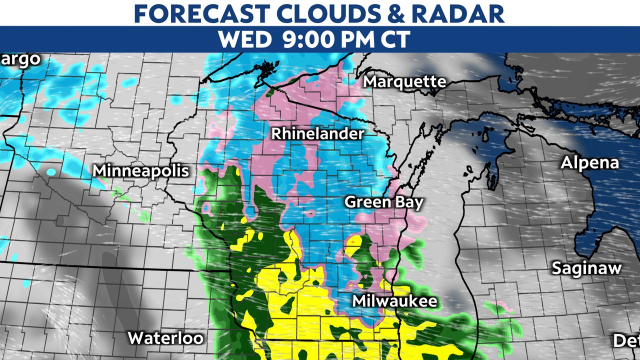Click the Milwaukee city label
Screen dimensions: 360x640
394,301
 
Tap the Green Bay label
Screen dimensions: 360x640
384,202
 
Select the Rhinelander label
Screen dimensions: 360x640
317,133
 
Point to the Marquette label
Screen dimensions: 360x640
404,81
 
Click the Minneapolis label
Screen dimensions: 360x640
141,170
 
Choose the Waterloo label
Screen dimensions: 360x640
165,337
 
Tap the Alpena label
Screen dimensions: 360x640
589,162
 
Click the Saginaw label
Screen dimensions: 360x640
586,268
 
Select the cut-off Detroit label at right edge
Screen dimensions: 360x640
626,341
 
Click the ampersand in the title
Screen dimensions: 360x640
397,13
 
